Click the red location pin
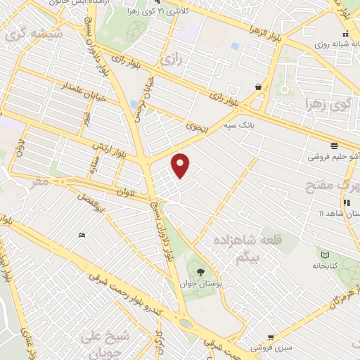181,165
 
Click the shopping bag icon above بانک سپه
259,87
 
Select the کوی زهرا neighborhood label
327,106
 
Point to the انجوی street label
195,126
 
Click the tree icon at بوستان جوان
202,271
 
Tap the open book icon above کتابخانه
324,255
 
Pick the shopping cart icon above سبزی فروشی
271,337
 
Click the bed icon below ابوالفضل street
84,235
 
